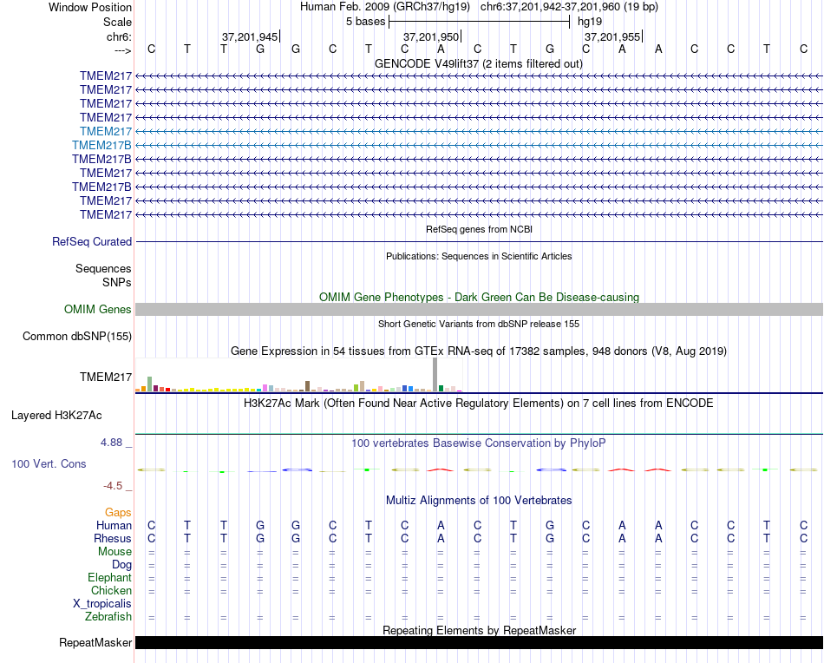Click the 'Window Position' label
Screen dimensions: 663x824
[90, 7]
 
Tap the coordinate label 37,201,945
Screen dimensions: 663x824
[250, 37]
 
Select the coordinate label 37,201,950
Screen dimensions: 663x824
[431, 37]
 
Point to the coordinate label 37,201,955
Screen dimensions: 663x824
[612, 37]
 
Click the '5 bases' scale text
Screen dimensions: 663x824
[365, 21]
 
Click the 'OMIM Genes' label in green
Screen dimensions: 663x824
[98, 310]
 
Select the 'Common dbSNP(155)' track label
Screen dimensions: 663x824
[77, 337]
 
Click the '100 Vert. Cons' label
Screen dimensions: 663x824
[49, 464]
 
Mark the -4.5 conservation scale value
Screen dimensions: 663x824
[116, 486]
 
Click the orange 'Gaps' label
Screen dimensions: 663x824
[118, 513]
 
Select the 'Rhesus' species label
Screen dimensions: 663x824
[112, 539]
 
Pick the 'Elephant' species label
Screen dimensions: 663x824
[109, 578]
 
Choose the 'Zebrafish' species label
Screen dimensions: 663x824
[108, 617]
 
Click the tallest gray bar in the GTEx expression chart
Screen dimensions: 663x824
[435, 375]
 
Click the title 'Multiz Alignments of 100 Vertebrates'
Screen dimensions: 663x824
[479, 501]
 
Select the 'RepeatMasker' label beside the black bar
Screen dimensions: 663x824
[95, 643]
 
